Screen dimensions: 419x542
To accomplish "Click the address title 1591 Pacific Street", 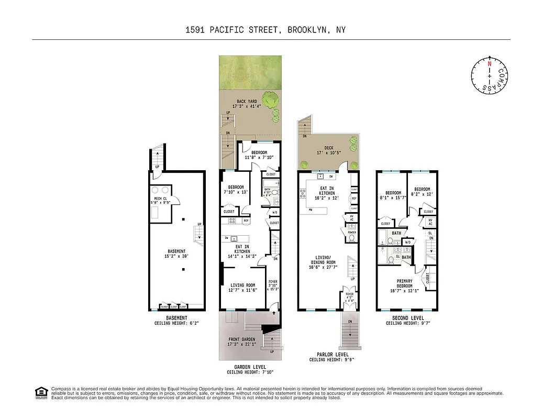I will (x=266, y=30).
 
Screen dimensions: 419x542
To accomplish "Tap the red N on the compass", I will (x=490, y=63).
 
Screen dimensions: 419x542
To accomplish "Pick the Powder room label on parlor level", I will (x=352, y=232).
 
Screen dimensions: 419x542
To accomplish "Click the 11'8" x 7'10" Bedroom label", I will (x=259, y=155).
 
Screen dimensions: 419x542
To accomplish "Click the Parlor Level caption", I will (x=329, y=355).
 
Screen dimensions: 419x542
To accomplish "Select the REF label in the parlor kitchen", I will (x=354, y=199).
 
